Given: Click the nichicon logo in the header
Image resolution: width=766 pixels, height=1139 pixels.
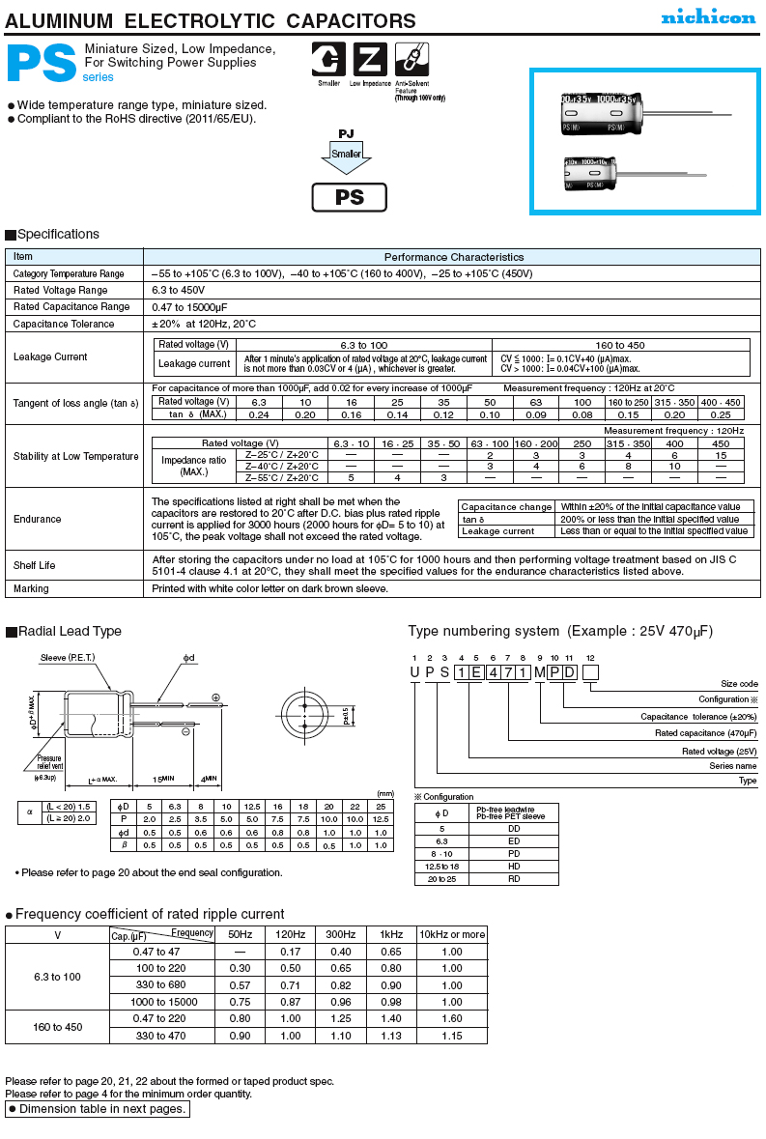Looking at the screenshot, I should [708, 17].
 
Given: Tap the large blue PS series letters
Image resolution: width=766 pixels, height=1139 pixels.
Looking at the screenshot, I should [42, 65].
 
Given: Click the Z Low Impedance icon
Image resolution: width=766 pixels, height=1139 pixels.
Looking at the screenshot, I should [369, 60].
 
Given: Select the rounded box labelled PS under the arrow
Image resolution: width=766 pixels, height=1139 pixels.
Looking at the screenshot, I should [349, 197].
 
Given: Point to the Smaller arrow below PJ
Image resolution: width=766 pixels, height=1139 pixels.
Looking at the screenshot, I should [347, 157].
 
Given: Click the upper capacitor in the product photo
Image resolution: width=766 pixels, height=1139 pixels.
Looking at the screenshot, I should [599, 113].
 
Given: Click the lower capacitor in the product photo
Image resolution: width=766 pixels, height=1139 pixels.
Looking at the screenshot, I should [593, 173].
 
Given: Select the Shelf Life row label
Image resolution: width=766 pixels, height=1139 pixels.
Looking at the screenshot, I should [35, 566].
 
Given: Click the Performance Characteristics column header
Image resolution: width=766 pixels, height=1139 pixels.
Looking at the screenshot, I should [454, 257].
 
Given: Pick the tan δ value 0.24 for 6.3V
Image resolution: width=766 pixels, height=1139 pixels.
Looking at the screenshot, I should [259, 414].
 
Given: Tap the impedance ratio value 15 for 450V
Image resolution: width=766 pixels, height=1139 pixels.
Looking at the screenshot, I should [722, 455].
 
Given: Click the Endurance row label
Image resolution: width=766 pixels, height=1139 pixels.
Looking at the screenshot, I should [38, 519].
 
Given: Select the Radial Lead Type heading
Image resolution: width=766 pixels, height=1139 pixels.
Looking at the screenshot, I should [70, 632].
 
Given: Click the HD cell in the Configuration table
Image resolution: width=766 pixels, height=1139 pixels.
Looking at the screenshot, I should [514, 867].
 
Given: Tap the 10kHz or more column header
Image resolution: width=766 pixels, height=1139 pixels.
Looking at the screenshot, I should [452, 934].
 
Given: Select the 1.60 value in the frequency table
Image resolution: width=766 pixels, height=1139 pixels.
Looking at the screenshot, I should [452, 1018].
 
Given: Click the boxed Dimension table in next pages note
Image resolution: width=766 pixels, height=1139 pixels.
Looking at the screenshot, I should [97, 1109].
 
